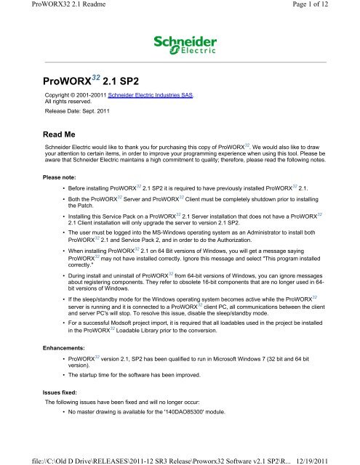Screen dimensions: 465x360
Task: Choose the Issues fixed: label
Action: (60, 389)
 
